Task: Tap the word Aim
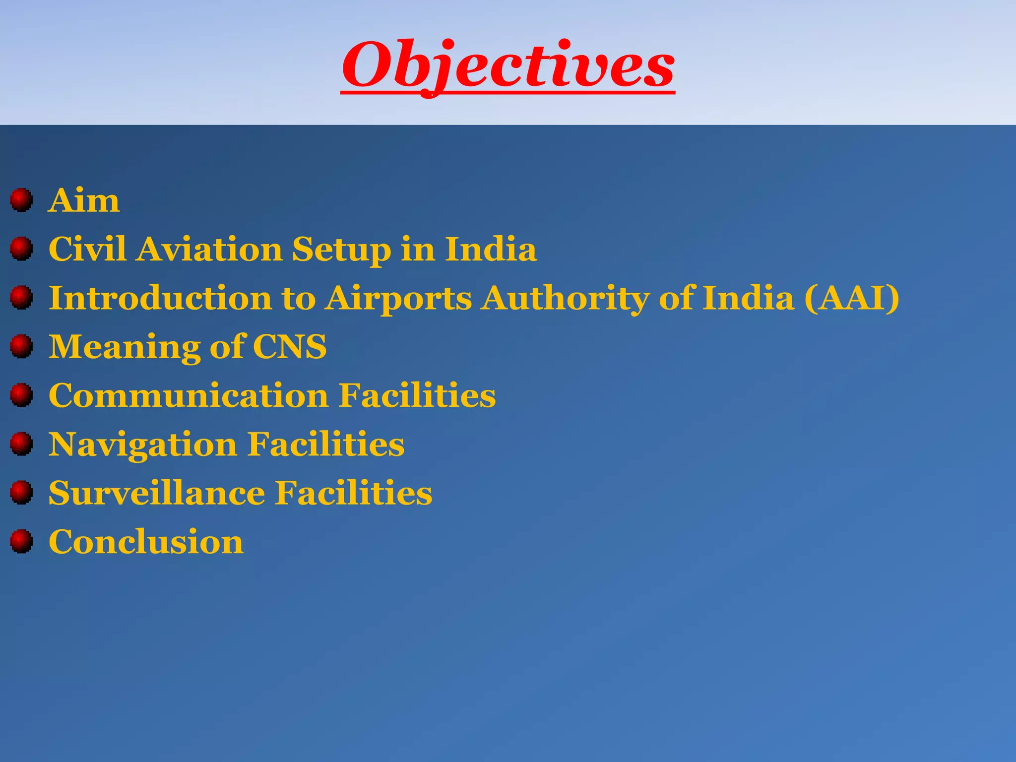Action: pyautogui.click(x=84, y=200)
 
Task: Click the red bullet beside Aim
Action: pyautogui.click(x=21, y=200)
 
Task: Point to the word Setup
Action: pyautogui.click(x=341, y=250)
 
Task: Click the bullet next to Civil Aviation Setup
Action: pyautogui.click(x=21, y=249)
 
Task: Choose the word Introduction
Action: pyautogui.click(x=160, y=298)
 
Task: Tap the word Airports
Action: pyautogui.click(x=398, y=299)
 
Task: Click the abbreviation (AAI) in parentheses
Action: pyautogui.click(x=851, y=298)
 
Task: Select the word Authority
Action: pyautogui.click(x=566, y=299)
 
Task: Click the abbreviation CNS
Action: pyautogui.click(x=290, y=346)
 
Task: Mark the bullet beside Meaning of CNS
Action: pyautogui.click(x=21, y=346)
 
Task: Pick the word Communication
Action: pyautogui.click(x=189, y=395)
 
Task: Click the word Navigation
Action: pyautogui.click(x=143, y=444)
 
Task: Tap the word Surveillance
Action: pyautogui.click(x=157, y=493)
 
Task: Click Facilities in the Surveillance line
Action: pyautogui.click(x=354, y=493)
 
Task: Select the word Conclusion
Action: pyautogui.click(x=146, y=541)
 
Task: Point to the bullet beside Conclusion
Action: pyautogui.click(x=21, y=541)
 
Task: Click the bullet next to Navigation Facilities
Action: pyautogui.click(x=21, y=444)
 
